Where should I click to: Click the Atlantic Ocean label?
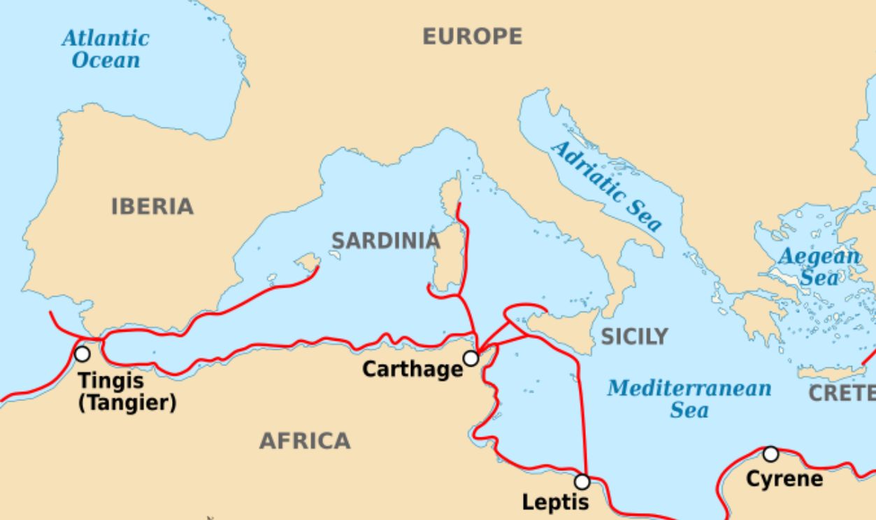pyautogui.click(x=106, y=48)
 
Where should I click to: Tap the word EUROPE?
pyautogui.click(x=472, y=36)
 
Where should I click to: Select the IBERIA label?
pyautogui.click(x=152, y=206)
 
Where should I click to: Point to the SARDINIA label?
pyautogui.click(x=385, y=241)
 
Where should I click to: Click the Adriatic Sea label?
pyautogui.click(x=605, y=186)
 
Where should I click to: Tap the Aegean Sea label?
pyautogui.click(x=819, y=267)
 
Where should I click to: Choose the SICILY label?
pyautogui.click(x=634, y=337)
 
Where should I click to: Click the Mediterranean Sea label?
pyautogui.click(x=689, y=398)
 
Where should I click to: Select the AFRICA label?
pyautogui.click(x=305, y=441)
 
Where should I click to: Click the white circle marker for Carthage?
pyautogui.click(x=471, y=358)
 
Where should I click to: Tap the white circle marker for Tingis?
pyautogui.click(x=82, y=354)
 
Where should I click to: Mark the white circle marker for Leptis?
pyautogui.click(x=582, y=482)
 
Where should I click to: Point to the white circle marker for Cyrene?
pyautogui.click(x=770, y=454)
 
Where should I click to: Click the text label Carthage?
pyautogui.click(x=412, y=369)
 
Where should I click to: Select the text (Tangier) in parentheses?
pyautogui.click(x=127, y=403)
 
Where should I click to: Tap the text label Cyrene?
pyautogui.click(x=784, y=479)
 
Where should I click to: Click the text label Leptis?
pyautogui.click(x=556, y=502)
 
